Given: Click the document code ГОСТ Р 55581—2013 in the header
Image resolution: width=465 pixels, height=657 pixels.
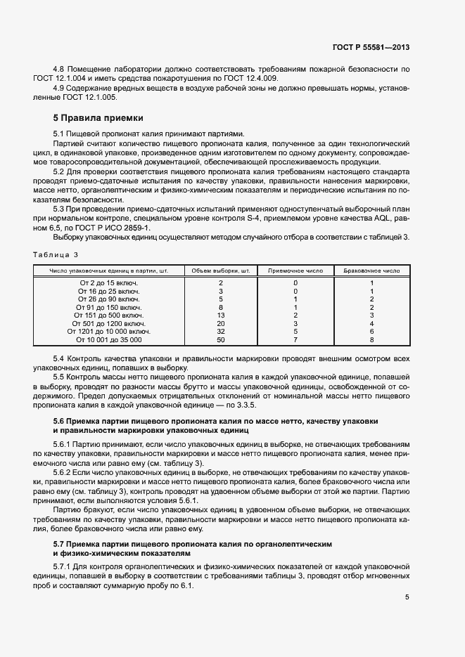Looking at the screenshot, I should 371,48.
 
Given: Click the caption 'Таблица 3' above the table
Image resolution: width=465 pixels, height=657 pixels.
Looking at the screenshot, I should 56,254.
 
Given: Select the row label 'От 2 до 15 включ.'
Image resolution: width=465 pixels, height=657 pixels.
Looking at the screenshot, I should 108,283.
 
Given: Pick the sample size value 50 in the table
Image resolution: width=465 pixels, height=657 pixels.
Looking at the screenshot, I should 221,339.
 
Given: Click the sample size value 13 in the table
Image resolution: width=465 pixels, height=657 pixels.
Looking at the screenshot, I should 221,316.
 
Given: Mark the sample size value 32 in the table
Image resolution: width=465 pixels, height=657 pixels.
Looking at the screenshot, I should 221,331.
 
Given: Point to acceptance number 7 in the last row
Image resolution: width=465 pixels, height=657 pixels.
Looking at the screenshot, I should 295,339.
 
